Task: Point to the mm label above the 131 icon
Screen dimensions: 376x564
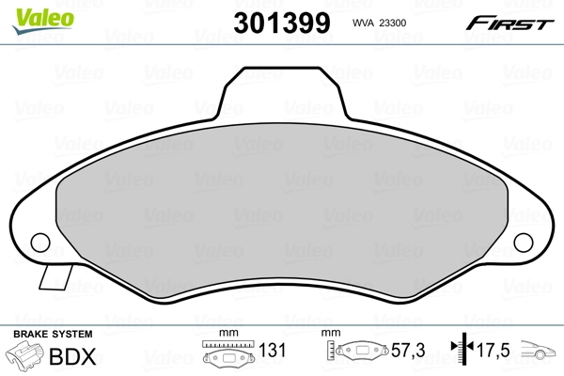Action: [x=226, y=335]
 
